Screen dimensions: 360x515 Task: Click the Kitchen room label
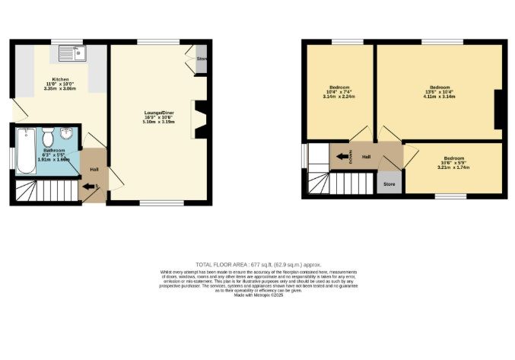click(x=60, y=79)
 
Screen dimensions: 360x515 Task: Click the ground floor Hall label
click(x=94, y=169)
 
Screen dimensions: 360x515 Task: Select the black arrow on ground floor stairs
click(x=84, y=186)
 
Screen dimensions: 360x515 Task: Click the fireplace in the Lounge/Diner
click(x=202, y=119)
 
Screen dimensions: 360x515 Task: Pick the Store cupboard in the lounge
click(x=201, y=59)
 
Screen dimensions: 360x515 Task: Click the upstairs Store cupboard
click(x=389, y=183)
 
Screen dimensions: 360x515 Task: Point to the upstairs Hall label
click(x=366, y=157)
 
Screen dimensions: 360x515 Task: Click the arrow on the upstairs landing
click(x=340, y=158)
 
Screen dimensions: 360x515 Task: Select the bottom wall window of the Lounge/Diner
click(x=161, y=203)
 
